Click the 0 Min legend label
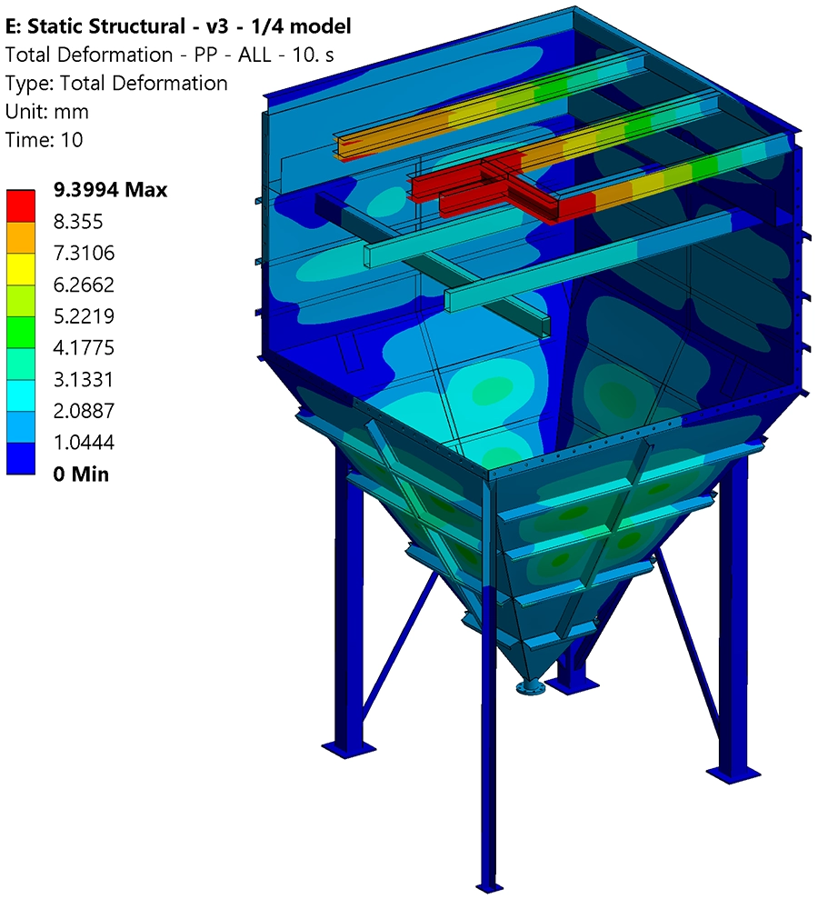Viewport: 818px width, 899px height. pos(81,473)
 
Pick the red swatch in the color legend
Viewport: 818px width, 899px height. pos(21,205)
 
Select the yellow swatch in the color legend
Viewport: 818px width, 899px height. pos(21,268)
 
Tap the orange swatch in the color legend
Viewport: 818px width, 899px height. pos(21,237)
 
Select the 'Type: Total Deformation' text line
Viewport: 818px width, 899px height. pos(116,84)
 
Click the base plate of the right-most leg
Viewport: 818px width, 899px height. pos(733,771)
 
